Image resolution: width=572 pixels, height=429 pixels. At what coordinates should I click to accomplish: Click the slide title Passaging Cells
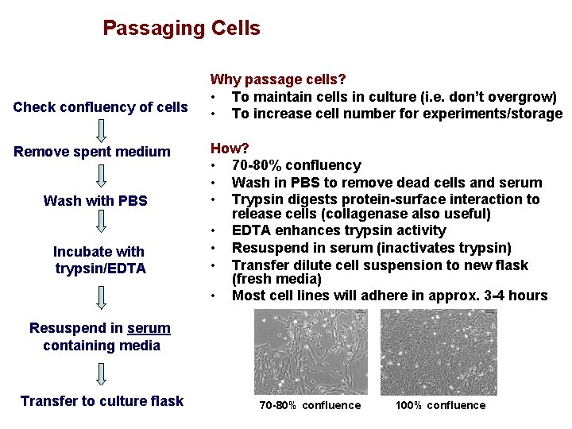(181, 29)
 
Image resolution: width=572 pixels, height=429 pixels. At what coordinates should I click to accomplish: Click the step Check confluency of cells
(101, 107)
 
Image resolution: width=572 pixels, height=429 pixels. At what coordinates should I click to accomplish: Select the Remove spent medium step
(92, 152)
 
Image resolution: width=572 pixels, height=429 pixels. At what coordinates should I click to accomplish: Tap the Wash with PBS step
(95, 201)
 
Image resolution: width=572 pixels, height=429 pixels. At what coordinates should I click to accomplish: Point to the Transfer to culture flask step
(102, 401)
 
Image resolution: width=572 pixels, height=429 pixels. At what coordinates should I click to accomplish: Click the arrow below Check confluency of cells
(101, 129)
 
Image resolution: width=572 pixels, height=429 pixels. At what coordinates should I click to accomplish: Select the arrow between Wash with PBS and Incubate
(101, 226)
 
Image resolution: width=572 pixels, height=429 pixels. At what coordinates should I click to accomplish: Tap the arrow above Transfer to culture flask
(101, 373)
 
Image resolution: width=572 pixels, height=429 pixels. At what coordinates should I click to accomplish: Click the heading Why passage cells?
(277, 79)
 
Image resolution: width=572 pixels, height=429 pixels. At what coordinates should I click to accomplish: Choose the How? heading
(230, 148)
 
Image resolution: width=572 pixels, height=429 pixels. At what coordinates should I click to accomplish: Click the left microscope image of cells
(311, 351)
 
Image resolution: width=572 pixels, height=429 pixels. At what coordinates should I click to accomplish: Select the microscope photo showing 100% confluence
(439, 351)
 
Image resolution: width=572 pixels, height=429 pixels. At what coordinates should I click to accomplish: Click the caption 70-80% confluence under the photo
(310, 406)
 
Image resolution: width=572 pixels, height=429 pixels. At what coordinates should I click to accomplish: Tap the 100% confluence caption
(440, 406)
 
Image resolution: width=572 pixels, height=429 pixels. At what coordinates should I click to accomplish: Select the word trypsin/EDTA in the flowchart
(101, 269)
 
